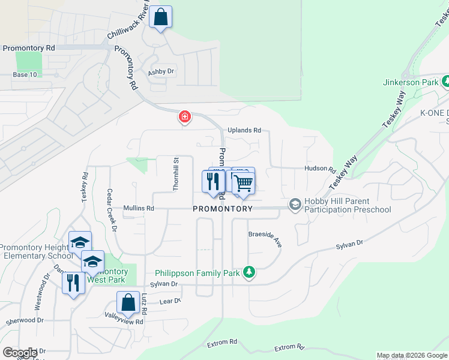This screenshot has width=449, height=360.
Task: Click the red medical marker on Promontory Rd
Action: (x=185, y=116)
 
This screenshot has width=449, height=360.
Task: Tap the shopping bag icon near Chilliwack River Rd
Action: (x=161, y=17)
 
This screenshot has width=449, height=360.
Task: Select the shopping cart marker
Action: (x=243, y=182)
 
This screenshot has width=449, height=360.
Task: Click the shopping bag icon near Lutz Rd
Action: (x=128, y=302)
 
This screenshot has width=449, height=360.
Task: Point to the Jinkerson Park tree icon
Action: (x=445, y=82)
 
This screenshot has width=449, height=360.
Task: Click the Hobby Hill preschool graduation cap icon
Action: (x=295, y=205)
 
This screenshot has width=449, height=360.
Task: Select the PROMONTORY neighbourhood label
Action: (x=223, y=209)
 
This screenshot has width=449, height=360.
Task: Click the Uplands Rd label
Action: (x=244, y=130)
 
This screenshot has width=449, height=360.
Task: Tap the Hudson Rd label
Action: (x=319, y=169)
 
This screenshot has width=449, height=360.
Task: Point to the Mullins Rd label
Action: (x=139, y=209)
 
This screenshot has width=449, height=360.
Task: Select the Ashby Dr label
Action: (x=161, y=72)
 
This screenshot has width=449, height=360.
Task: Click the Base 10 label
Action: (x=25, y=74)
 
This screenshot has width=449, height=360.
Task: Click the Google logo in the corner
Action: (x=20, y=353)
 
